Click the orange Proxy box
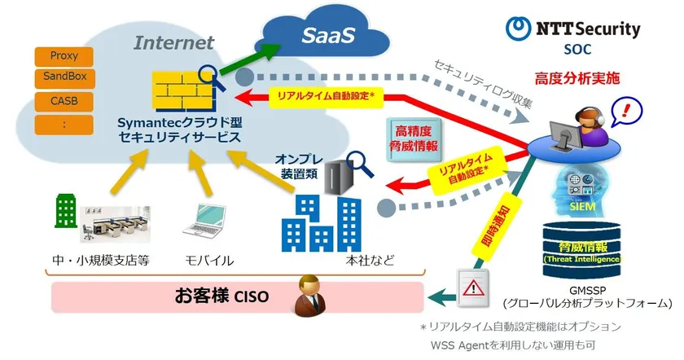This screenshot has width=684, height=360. pyautogui.click(x=64, y=56)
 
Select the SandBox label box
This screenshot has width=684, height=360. pyautogui.click(x=64, y=79)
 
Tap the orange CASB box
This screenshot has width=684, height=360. pyautogui.click(x=64, y=103)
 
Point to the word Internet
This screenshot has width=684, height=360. pyautogui.click(x=173, y=42)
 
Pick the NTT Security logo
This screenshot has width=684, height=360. pyautogui.click(x=573, y=30)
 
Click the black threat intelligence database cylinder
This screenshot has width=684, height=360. pyautogui.click(x=581, y=249)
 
